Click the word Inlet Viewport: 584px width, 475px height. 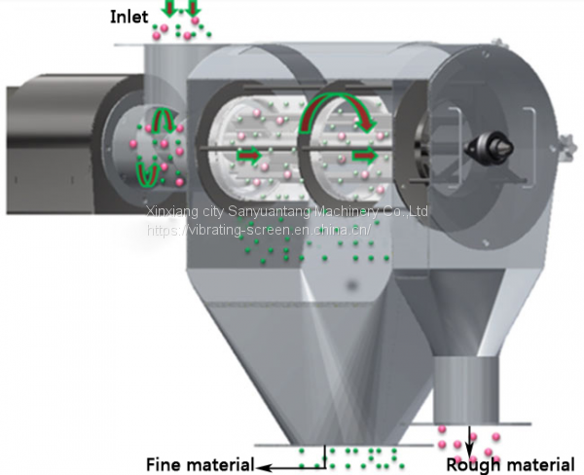[x=129, y=18]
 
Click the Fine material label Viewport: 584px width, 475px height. [x=200, y=464]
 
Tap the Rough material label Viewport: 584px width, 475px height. [x=510, y=465]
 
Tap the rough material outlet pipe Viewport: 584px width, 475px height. [x=466, y=389]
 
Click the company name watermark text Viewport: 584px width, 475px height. [x=287, y=211]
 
